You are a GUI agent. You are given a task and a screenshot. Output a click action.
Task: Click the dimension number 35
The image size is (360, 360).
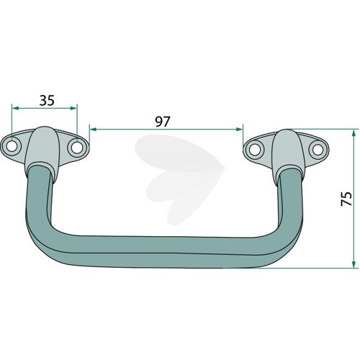(x=47, y=100)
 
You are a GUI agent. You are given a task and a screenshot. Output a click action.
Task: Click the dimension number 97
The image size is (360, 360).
(x=163, y=122)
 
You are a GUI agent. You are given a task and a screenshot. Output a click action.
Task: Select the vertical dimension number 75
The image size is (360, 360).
(x=346, y=198)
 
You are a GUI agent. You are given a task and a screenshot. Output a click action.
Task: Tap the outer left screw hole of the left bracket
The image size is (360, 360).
(x=11, y=146)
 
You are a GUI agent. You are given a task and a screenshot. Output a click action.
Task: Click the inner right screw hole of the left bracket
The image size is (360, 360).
(x=76, y=148)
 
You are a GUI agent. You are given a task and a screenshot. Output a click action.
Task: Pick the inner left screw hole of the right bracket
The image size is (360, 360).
(x=253, y=150)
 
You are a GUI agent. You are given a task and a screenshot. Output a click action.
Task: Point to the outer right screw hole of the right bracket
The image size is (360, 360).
(x=318, y=150)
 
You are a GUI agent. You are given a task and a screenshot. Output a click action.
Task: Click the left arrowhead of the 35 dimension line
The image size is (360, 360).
(x=15, y=108)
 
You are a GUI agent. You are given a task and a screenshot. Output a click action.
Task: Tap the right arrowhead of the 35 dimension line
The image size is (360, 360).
(x=73, y=108)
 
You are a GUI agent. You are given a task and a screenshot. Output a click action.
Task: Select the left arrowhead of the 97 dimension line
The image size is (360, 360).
(x=93, y=130)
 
